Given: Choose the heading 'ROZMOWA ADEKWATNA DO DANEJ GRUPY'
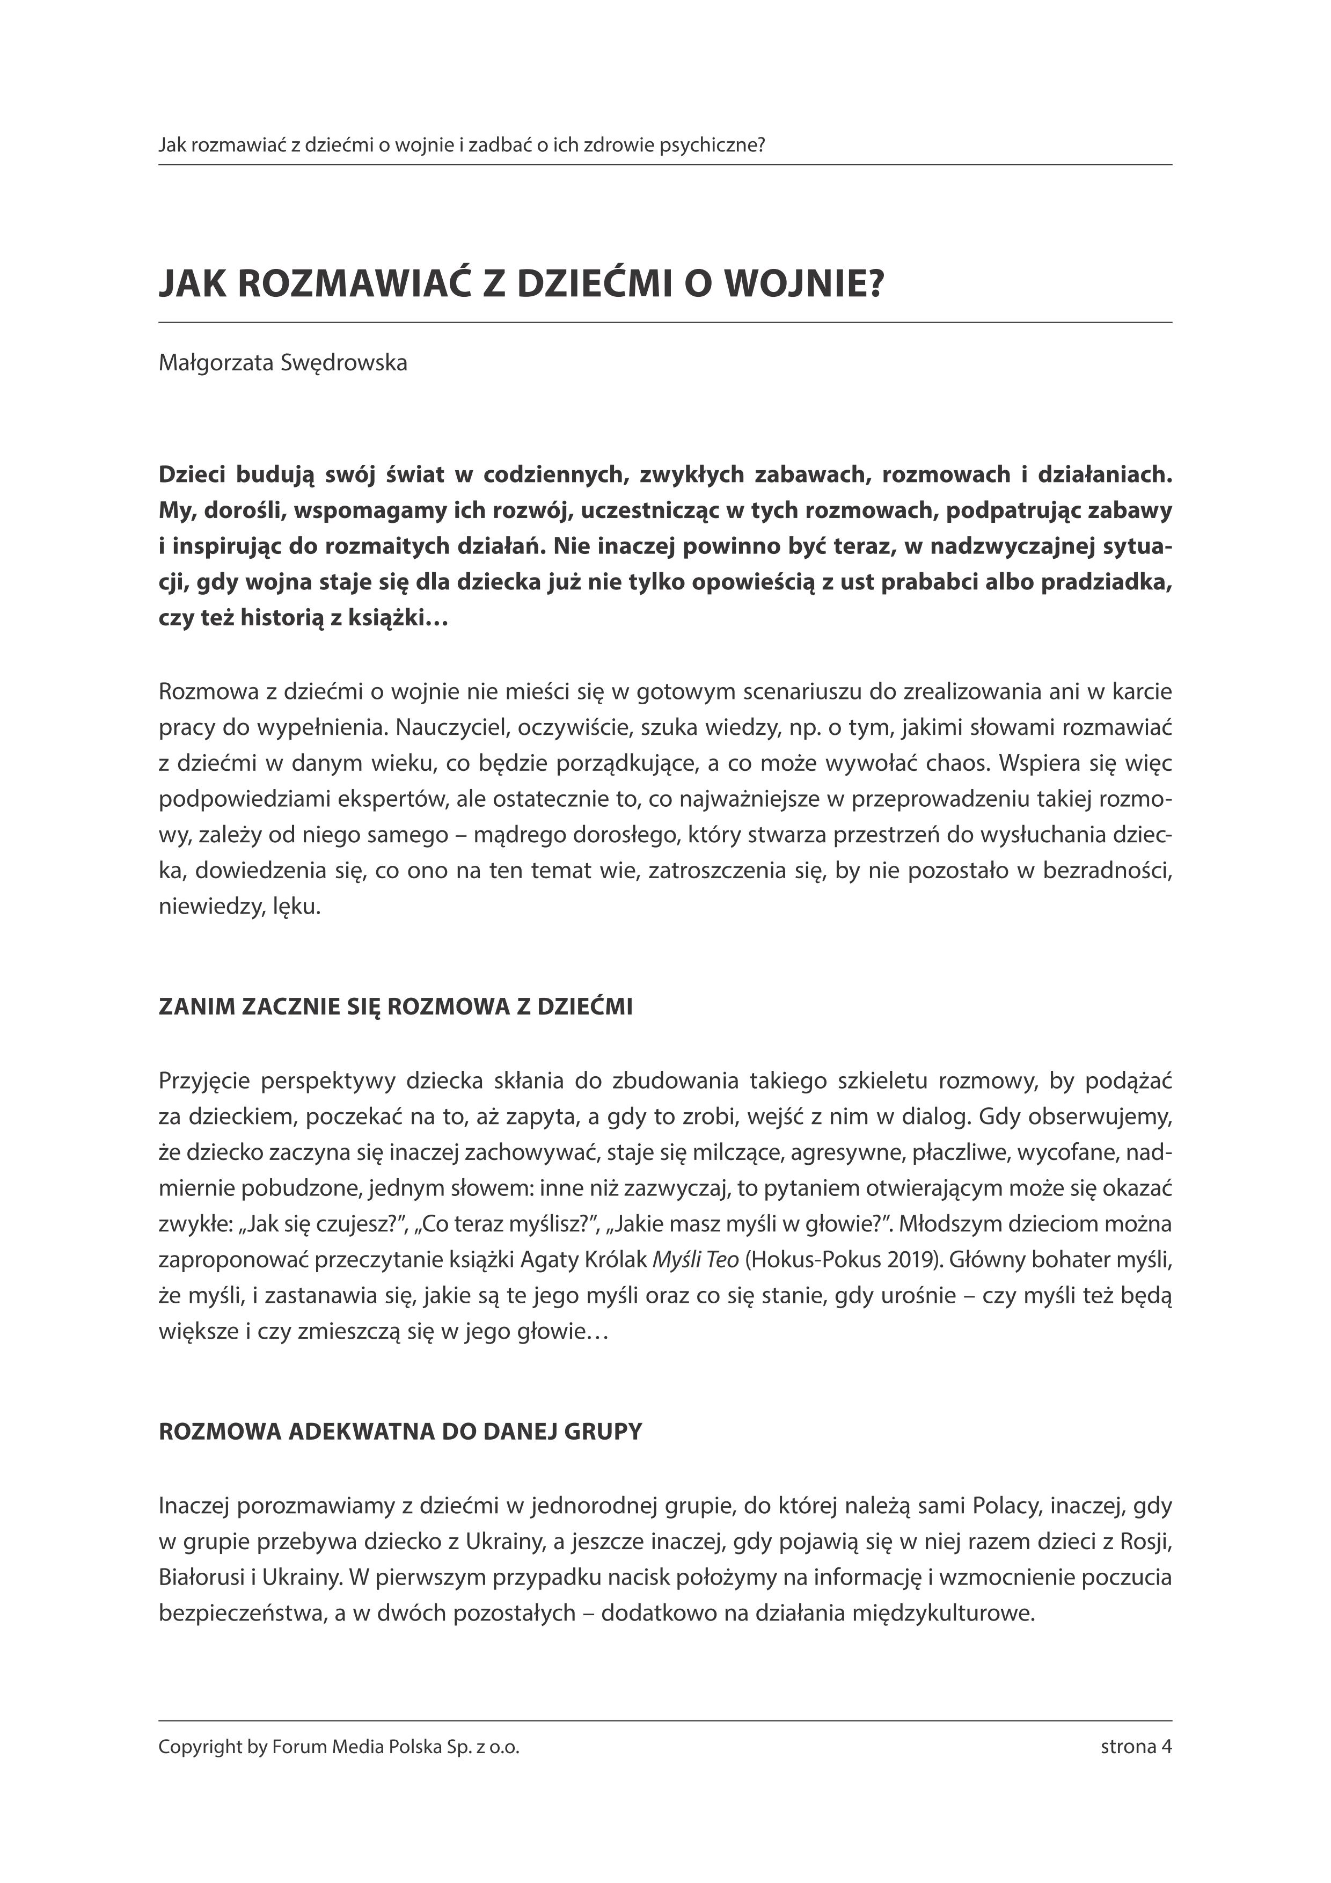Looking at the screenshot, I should [x=400, y=1363].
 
